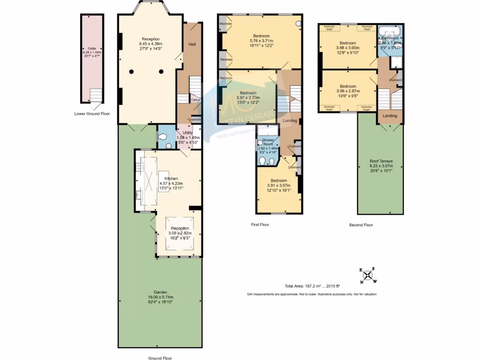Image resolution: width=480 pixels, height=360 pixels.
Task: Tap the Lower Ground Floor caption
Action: click(x=92, y=113)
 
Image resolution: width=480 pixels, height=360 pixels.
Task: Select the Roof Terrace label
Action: click(x=381, y=161)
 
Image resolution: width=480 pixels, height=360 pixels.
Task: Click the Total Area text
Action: click(x=312, y=286)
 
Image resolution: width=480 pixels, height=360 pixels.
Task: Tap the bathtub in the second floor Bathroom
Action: click(x=389, y=32)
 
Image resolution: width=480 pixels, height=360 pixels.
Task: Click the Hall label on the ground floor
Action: click(x=192, y=44)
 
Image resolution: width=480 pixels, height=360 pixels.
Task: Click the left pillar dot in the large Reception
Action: click(x=132, y=71)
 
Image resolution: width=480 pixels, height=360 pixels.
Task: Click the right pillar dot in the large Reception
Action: click(x=161, y=71)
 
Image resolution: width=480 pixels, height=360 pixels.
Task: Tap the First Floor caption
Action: click(x=260, y=225)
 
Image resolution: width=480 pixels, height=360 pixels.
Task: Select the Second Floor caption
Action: click(x=361, y=225)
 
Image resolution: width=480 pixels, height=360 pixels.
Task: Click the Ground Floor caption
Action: click(x=160, y=358)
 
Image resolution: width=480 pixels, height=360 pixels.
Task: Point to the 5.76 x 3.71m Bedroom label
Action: click(x=262, y=36)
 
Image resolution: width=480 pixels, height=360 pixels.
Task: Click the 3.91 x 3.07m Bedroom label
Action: click(x=278, y=180)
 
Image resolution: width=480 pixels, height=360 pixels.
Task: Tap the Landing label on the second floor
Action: click(x=390, y=116)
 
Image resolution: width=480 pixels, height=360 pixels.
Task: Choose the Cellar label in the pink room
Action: click(x=92, y=48)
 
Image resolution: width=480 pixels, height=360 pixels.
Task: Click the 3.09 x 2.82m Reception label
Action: click(x=180, y=228)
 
